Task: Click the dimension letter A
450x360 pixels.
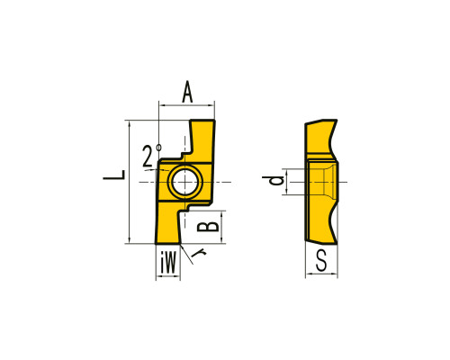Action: coord(187,92)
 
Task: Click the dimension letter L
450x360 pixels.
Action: coord(114,175)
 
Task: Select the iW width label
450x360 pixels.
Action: coord(168,263)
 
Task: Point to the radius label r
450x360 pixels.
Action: coord(198,254)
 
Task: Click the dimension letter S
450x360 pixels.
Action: coord(321,261)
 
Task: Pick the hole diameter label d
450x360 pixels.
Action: coord(273,180)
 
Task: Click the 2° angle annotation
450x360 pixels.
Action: coord(152,156)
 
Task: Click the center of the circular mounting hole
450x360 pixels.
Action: coord(185,182)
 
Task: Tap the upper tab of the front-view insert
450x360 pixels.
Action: coord(202,138)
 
